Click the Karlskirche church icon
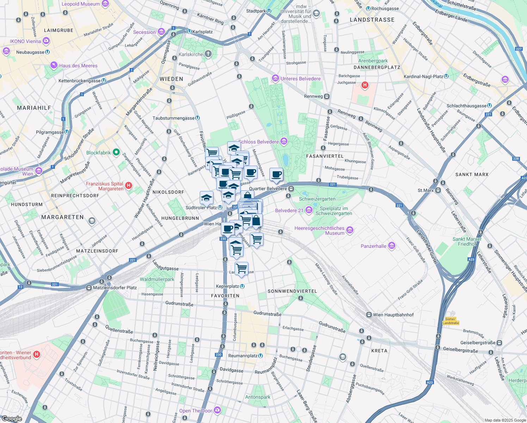[x=208, y=54]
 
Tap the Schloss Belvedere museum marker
[x=284, y=142]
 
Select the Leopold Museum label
[x=81, y=4]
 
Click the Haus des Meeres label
[x=78, y=66]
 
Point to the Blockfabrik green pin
[x=116, y=153]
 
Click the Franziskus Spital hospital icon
[x=129, y=185]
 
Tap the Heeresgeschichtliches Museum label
[x=320, y=231]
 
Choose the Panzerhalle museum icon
[x=391, y=246]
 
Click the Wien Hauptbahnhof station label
[x=393, y=315]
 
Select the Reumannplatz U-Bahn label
[x=243, y=356]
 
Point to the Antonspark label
[x=258, y=397]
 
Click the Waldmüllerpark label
[x=157, y=279]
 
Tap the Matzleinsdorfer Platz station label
[x=114, y=288]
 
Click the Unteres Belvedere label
[x=300, y=79]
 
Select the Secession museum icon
[x=161, y=32]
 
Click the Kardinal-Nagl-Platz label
[x=423, y=76]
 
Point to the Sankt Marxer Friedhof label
[x=467, y=241]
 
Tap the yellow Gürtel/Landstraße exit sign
[x=451, y=321]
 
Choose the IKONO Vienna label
[x=25, y=41]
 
